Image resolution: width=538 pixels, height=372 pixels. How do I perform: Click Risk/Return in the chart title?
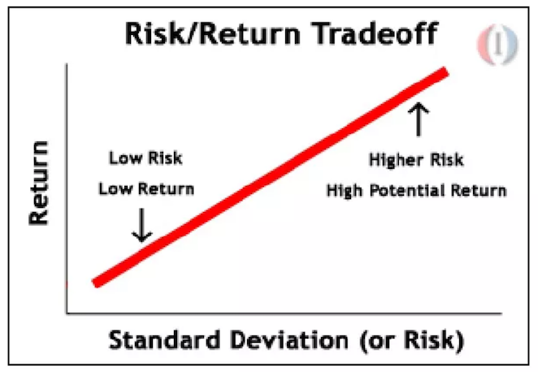click(x=213, y=33)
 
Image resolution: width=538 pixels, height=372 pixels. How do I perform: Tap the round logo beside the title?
click(x=498, y=45)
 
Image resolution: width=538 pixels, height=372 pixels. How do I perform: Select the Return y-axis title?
click(x=38, y=183)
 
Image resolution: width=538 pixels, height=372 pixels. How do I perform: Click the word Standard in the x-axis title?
click(x=164, y=340)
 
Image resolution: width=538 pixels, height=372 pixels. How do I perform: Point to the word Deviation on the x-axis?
click(x=289, y=340)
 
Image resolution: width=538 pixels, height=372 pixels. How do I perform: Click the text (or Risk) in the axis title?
click(x=412, y=341)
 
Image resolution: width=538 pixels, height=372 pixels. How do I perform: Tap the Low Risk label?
click(x=145, y=158)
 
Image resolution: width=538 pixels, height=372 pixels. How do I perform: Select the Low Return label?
click(x=146, y=189)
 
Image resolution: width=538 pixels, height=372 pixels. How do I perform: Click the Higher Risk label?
click(x=416, y=160)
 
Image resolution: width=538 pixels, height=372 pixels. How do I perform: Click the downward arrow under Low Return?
click(x=141, y=225)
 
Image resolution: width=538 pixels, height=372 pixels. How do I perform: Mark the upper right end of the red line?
click(x=445, y=71)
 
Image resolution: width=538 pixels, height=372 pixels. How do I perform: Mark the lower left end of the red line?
click(x=96, y=283)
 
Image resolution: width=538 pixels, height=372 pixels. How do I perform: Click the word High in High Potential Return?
click(x=344, y=191)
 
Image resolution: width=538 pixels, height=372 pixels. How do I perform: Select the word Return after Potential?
click(x=479, y=190)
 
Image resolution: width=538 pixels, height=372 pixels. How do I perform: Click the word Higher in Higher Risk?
click(x=396, y=160)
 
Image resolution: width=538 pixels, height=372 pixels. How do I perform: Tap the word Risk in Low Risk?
click(x=165, y=158)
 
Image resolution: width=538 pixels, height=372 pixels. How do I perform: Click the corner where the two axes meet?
click(x=67, y=313)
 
